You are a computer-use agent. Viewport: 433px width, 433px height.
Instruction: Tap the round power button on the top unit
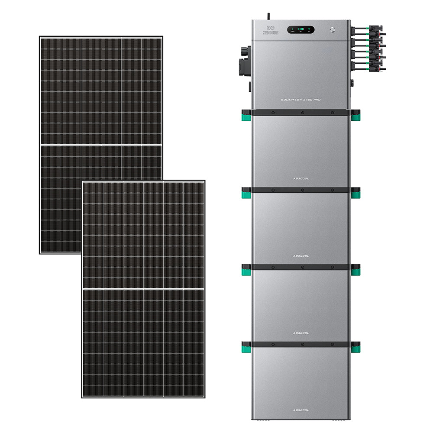(332, 30)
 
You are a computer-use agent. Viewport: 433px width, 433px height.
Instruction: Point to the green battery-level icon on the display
(301, 30)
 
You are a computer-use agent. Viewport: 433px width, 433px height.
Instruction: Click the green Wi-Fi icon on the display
(309, 30)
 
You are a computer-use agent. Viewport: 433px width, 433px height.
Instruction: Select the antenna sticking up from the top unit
(268, 16)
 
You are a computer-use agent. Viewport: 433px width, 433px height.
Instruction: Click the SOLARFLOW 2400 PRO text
(301, 100)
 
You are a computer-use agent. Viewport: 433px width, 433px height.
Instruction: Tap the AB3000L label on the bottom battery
(301, 410)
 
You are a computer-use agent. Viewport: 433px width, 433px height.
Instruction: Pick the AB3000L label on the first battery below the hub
(301, 178)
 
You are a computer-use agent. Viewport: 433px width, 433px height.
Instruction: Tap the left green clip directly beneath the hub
(246, 116)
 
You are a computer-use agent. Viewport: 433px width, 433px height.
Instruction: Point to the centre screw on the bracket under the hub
(302, 113)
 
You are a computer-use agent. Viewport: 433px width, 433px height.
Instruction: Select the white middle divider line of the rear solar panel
(101, 145)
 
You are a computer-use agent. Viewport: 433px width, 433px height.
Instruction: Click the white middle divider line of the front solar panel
(143, 288)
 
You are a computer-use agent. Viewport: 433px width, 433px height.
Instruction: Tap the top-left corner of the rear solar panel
(40, 37)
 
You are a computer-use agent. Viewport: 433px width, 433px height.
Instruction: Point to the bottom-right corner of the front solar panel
(204, 396)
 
